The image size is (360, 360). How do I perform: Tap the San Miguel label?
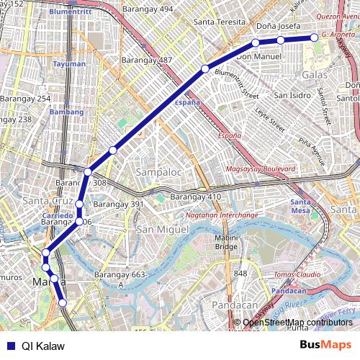click(162, 229)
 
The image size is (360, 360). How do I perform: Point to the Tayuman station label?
click(68, 64)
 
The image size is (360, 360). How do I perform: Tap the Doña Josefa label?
click(279, 26)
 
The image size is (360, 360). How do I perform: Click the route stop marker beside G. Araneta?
click(314, 37)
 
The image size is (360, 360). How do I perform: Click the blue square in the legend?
click(9, 346)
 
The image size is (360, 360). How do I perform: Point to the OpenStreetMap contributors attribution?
click(298, 322)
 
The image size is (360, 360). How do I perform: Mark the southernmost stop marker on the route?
click(63, 303)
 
